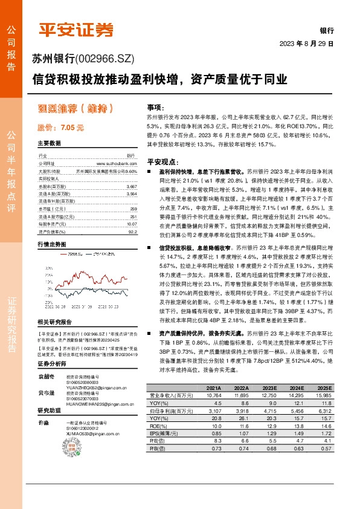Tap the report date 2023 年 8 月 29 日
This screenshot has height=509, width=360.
[x=306, y=44]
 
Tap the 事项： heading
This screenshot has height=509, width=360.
[x=155, y=106]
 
